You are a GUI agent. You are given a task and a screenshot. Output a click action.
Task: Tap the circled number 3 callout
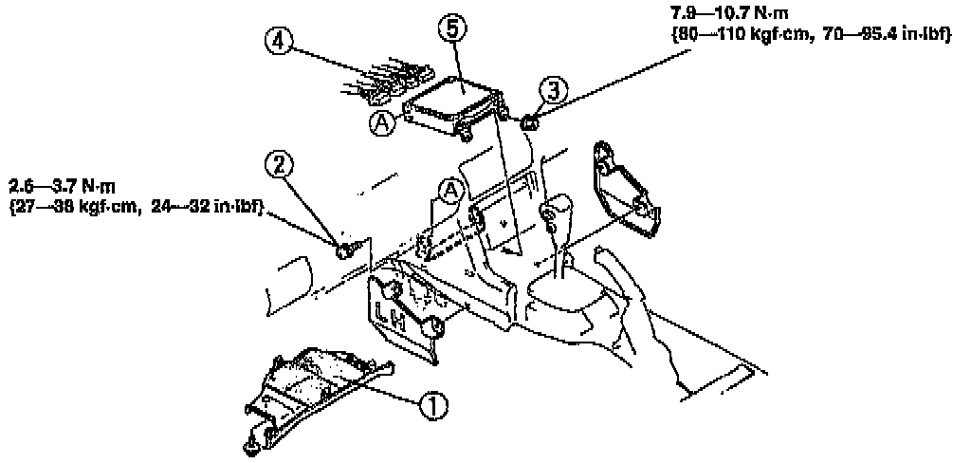(554, 92)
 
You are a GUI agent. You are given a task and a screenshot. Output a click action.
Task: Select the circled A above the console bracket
(450, 192)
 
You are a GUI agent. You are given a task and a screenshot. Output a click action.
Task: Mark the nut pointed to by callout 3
(530, 120)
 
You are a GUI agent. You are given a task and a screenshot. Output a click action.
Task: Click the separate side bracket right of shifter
(625, 190)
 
